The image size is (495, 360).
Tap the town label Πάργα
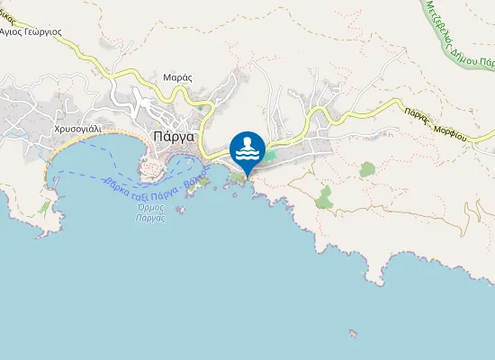pyautogui.click(x=175, y=138)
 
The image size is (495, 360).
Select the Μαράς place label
pyautogui.click(x=177, y=77)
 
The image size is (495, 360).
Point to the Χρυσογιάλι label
pyautogui.click(x=79, y=130)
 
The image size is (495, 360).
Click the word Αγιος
pyautogui.click(x=12, y=31)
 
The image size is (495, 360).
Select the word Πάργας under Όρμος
pyautogui.click(x=149, y=219)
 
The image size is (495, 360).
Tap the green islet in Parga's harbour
pyautogui.click(x=203, y=182)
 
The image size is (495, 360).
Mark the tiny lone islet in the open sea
pyautogui.click(x=353, y=335)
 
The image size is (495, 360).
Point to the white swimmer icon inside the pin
pyautogui.click(x=247, y=148)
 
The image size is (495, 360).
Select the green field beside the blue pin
pyautogui.click(x=270, y=156)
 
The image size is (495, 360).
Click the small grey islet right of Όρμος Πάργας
pyautogui.click(x=180, y=209)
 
